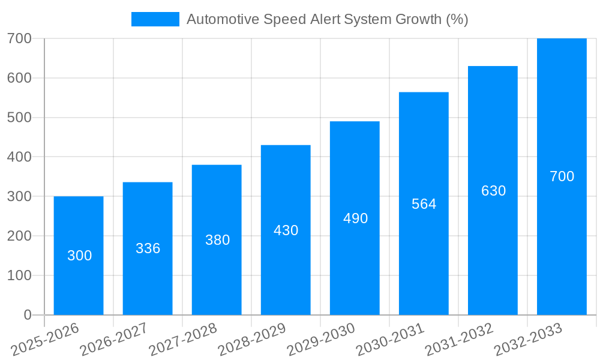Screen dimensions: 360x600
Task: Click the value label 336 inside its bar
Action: tap(148, 248)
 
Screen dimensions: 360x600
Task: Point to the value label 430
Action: tap(286, 230)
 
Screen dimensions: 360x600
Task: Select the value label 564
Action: tap(424, 204)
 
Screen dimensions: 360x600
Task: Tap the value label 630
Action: tap(493, 191)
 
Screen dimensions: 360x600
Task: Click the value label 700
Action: tap(562, 176)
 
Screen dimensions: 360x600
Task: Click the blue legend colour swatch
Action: tap(155, 19)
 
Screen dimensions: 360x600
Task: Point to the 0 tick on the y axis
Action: tap(27, 315)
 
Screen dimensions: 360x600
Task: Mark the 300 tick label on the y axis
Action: tap(19, 196)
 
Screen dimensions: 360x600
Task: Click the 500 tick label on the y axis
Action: tap(19, 118)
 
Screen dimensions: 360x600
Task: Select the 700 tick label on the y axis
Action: tap(19, 38)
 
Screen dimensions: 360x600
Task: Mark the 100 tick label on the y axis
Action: tap(19, 275)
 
